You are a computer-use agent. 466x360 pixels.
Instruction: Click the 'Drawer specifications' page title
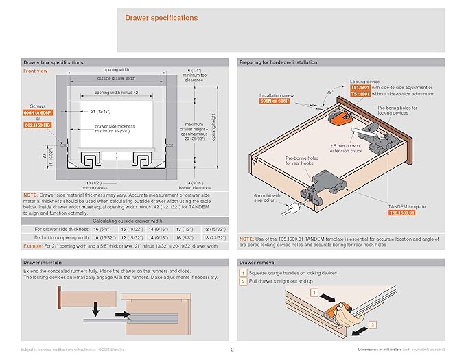pyautogui.click(x=161, y=18)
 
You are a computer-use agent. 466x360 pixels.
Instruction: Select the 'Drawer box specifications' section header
pyautogui.click(x=54, y=62)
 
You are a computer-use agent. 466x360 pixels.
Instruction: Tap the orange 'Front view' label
pyautogui.click(x=36, y=71)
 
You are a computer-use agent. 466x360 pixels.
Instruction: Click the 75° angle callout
pyautogui.click(x=330, y=92)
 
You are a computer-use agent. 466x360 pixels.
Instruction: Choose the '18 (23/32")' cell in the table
pyautogui.click(x=215, y=237)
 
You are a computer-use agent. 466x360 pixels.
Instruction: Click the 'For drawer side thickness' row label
pyautogui.click(x=61, y=228)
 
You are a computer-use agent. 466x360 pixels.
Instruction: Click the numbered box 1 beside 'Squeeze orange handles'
pyautogui.click(x=243, y=273)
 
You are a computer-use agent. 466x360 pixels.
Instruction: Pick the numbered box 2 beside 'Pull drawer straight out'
pyautogui.click(x=243, y=281)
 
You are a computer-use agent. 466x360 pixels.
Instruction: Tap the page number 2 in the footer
pyautogui.click(x=233, y=350)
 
